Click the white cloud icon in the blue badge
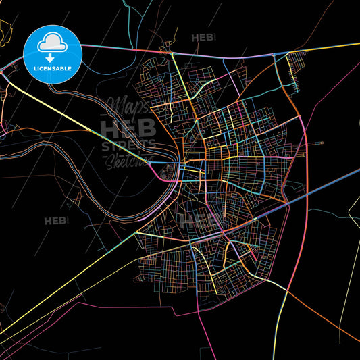pyautogui.click(x=53, y=43)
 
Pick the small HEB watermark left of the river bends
pyautogui.click(x=55, y=221)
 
